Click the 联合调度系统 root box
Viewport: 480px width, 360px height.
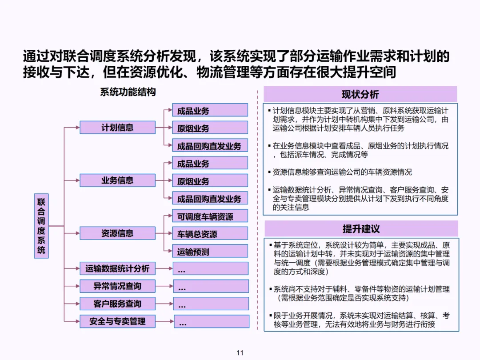(x=41, y=225)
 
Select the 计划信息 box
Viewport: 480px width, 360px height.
(x=117, y=128)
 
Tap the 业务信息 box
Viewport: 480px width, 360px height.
(x=117, y=180)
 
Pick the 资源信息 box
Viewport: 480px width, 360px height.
(x=117, y=233)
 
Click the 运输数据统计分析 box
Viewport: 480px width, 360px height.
(x=117, y=268)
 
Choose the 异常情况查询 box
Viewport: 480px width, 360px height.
(x=117, y=286)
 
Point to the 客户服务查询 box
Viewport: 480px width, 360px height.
(x=117, y=304)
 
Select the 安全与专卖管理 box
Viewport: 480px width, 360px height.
(x=117, y=321)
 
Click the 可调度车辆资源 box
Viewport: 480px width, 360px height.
(x=210, y=216)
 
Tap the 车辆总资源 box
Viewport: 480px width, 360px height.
(x=210, y=234)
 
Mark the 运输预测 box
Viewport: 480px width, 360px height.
(x=210, y=252)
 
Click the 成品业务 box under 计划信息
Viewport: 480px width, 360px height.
(x=210, y=110)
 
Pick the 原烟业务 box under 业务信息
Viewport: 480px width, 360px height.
(x=210, y=181)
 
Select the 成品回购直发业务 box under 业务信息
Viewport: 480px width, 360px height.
(x=210, y=198)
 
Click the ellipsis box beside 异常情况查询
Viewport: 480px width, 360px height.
(x=211, y=286)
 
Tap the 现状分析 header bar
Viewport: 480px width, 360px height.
(x=360, y=94)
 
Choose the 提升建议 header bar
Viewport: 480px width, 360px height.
(x=361, y=229)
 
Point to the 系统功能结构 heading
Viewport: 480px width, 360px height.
(x=128, y=92)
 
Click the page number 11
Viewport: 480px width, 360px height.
(x=240, y=353)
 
